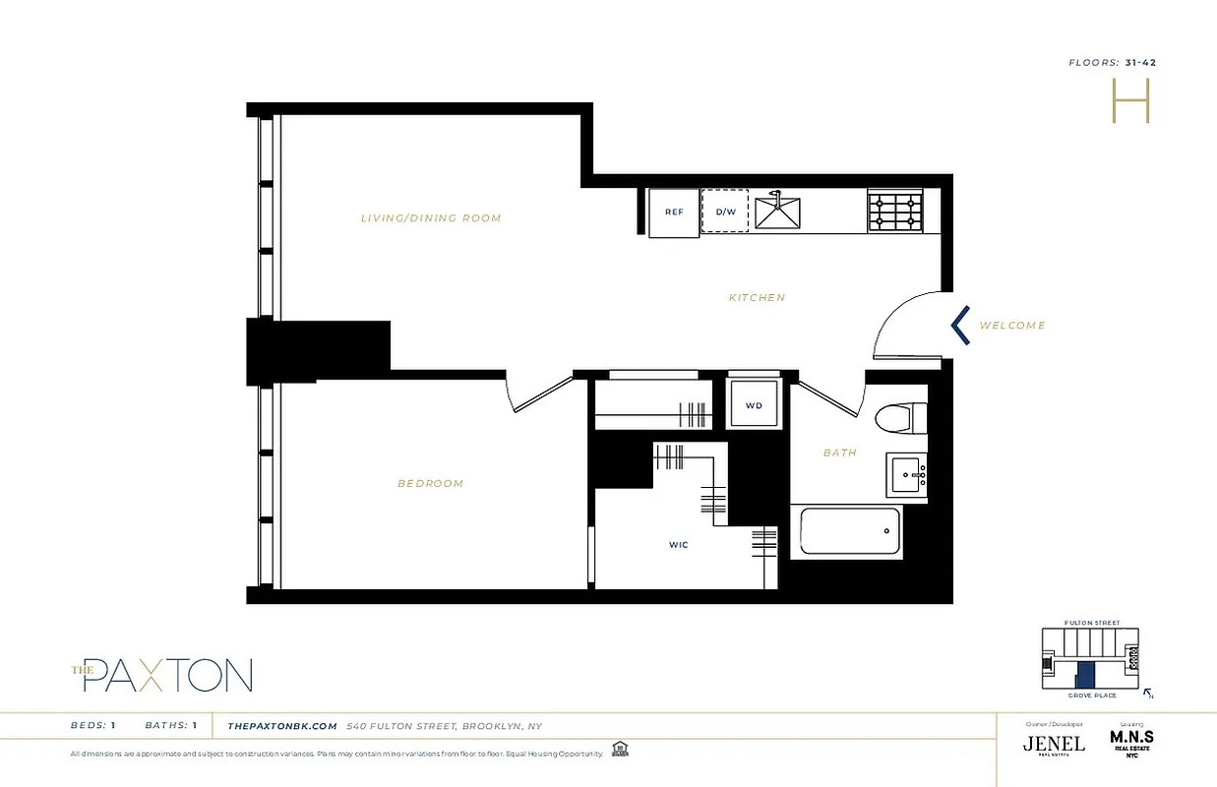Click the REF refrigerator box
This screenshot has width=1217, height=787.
pyautogui.click(x=674, y=212)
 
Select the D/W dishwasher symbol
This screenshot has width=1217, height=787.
pyautogui.click(x=725, y=212)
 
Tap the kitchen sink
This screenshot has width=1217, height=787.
pyautogui.click(x=778, y=212)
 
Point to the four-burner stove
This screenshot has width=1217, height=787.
pyautogui.click(x=895, y=212)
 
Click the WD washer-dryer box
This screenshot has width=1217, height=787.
pyautogui.click(x=754, y=404)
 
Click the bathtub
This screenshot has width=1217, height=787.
pyautogui.click(x=850, y=532)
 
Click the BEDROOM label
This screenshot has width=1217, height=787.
pyautogui.click(x=430, y=483)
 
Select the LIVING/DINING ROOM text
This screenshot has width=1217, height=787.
pyautogui.click(x=431, y=218)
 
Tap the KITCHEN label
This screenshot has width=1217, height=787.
pyautogui.click(x=757, y=297)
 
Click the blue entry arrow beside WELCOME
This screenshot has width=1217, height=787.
pyautogui.click(x=960, y=326)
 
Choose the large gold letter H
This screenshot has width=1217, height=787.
pyautogui.click(x=1130, y=100)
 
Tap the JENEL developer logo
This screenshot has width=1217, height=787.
pyautogui.click(x=1054, y=744)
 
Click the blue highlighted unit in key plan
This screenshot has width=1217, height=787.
pyautogui.click(x=1085, y=674)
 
